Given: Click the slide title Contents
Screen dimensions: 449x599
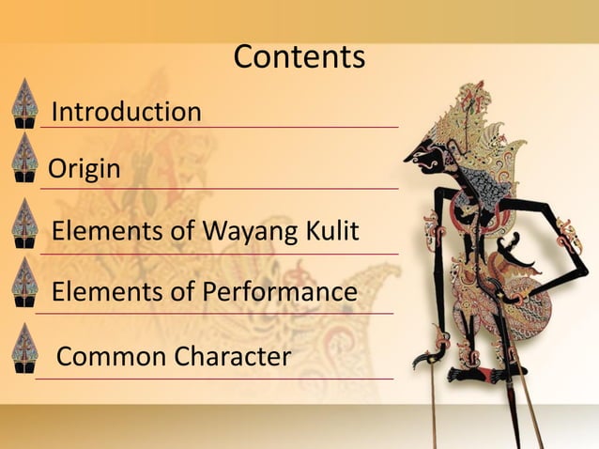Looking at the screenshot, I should pos(299,57).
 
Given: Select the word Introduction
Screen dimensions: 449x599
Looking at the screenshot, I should pos(126,113).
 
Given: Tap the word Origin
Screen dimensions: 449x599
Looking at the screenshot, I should pos(84,170).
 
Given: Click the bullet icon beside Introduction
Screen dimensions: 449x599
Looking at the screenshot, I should pos(23,102).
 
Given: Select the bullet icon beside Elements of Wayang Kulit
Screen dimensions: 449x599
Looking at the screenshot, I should pos(23,224).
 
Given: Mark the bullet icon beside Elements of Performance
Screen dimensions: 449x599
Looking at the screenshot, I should pos(23,284).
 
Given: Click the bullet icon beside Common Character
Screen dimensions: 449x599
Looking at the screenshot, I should pos(23,349).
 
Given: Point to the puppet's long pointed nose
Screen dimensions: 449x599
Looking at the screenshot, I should pos(412,155).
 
